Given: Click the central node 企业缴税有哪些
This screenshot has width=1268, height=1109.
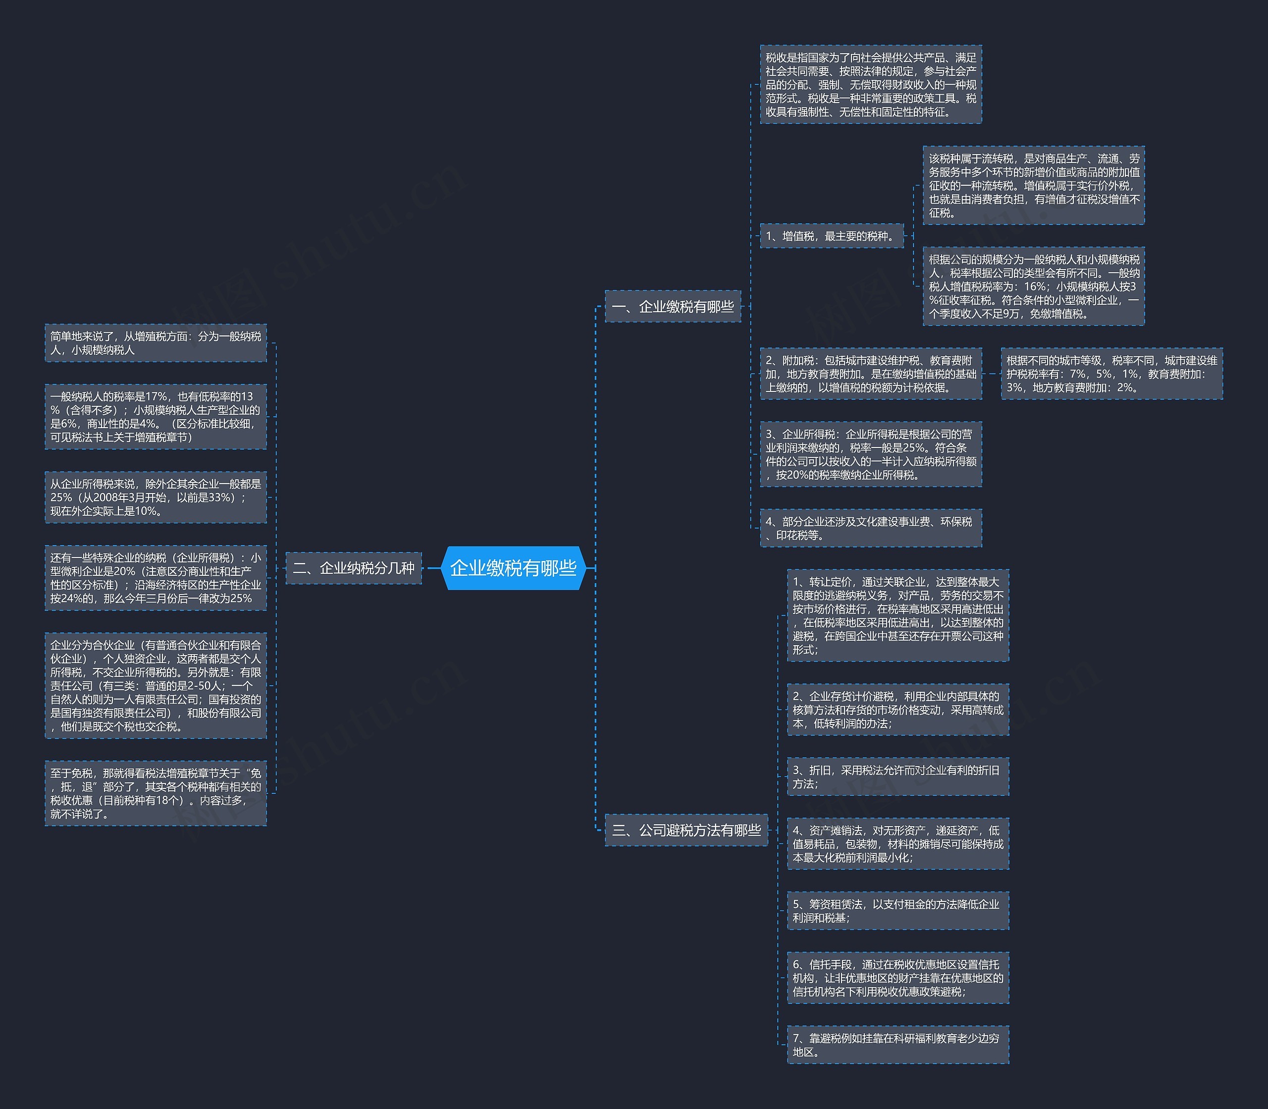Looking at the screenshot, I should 513,567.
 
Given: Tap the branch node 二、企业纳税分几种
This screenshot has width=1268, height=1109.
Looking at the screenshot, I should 353,567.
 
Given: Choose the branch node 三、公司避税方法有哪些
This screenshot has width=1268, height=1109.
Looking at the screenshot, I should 686,830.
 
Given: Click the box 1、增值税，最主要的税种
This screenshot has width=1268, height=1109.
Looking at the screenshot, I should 831,236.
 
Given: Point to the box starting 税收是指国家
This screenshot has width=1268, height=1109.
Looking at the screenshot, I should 870,84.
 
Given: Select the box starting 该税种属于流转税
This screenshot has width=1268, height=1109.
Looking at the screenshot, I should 1033,185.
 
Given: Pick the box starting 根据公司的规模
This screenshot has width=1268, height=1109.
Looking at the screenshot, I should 1033,286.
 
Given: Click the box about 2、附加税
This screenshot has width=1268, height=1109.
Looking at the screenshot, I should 870,374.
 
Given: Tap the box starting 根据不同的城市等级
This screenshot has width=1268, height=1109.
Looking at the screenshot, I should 1111,374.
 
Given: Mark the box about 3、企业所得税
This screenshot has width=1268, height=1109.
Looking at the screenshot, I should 870,454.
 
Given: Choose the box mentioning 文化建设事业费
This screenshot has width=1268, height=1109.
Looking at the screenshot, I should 870,528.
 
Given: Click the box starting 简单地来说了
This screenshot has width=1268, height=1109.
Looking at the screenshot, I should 155,343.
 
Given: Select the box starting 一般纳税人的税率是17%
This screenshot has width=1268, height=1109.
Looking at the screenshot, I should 155,416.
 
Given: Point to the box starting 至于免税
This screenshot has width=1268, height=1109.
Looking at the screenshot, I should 155,793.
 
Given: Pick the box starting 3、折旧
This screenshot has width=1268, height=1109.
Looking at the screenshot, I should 898,776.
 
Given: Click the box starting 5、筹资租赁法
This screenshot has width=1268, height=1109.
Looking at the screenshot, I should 898,910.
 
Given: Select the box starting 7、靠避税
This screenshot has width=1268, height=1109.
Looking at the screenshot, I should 898,1045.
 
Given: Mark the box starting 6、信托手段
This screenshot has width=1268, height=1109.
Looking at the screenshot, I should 898,978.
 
